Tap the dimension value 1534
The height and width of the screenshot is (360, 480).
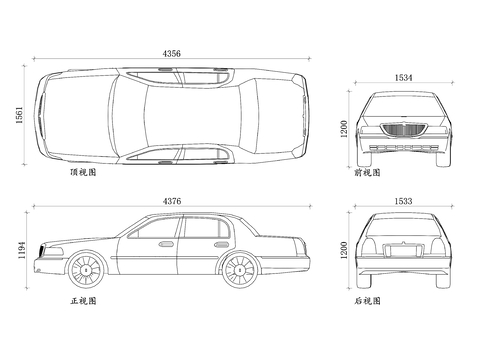[x=404, y=77]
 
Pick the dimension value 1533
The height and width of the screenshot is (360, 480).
[x=404, y=202]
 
